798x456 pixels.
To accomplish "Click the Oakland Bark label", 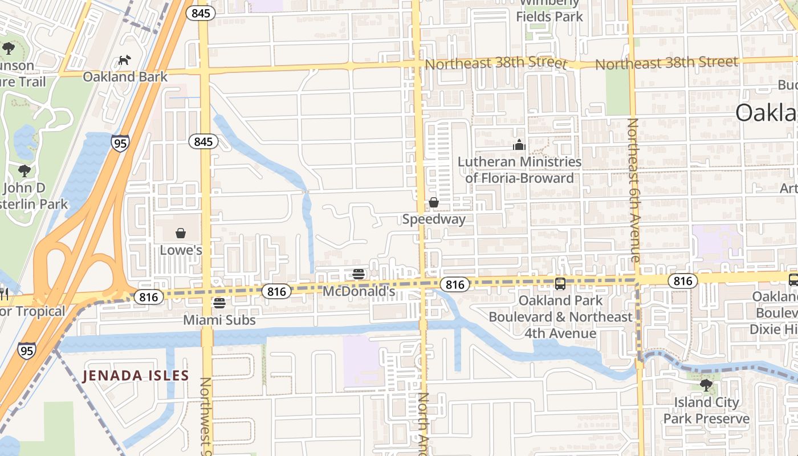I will point(125,76).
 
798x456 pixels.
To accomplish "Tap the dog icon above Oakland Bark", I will point(124,60).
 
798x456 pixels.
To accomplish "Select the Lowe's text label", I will point(181,250).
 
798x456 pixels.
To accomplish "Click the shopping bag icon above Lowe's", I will point(181,233).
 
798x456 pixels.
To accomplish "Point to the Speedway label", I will point(434,219).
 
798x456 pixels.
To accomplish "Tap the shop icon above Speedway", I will point(434,202).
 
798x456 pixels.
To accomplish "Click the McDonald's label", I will point(359,291).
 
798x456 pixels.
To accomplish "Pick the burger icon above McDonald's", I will point(359,274).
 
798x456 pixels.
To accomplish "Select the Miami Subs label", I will point(219,320).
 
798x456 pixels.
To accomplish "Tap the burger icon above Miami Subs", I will point(219,303).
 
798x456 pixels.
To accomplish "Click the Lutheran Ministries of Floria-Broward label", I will point(519,170).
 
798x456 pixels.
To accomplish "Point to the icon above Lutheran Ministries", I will point(519,145).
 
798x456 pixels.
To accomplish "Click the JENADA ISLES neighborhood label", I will point(135,376).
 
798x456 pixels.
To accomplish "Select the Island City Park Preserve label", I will point(706,410).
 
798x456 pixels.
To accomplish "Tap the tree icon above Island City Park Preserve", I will point(706,385).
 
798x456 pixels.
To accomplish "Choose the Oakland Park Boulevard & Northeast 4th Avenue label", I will point(560,316).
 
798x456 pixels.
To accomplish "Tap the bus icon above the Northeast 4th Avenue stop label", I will point(560,283).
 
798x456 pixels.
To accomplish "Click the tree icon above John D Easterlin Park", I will point(24,170).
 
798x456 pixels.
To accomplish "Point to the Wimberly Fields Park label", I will point(549,11).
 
